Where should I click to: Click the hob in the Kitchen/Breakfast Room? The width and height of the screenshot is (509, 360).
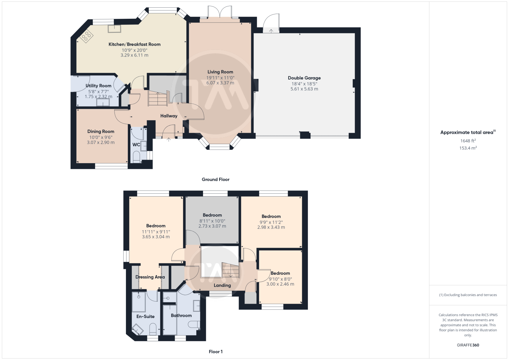click(86, 36)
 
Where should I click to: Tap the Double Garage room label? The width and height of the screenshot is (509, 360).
click(304, 78)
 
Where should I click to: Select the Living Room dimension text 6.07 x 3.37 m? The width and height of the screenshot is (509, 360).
click(220, 83)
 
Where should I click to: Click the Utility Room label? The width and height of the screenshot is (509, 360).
click(98, 86)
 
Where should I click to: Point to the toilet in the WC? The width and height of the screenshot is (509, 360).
click(136, 157)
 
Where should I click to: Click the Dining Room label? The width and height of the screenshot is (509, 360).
click(101, 132)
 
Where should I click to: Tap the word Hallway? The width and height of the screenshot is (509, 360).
click(169, 116)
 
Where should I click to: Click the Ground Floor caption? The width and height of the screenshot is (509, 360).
click(216, 179)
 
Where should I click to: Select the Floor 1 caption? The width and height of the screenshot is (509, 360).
click(216, 352)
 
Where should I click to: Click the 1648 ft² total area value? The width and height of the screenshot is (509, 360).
click(468, 141)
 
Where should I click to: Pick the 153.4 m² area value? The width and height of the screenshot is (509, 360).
click(468, 148)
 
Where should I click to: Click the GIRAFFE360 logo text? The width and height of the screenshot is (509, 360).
click(468, 345)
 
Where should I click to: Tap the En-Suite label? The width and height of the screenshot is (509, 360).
click(145, 316)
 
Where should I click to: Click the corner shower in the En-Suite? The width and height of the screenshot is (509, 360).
click(138, 329)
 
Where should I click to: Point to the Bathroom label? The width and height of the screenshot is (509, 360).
click(181, 315)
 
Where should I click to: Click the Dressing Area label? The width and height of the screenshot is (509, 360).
click(150, 277)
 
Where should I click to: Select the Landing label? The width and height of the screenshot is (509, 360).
click(222, 286)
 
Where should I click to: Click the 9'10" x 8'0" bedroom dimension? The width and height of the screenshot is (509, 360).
click(280, 279)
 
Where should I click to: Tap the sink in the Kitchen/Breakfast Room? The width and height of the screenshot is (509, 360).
click(115, 29)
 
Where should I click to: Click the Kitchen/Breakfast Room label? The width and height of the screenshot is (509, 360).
click(135, 44)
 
